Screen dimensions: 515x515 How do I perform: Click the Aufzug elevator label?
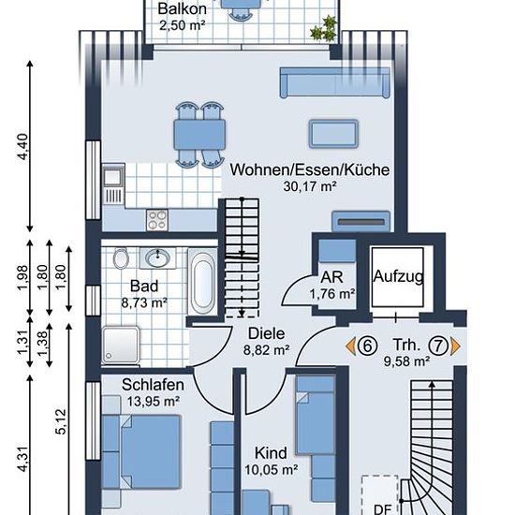pyautogui.click(x=398, y=276)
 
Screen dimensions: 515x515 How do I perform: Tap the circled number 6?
pyautogui.click(x=367, y=346)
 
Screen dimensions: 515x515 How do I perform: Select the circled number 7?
pyautogui.click(x=439, y=346)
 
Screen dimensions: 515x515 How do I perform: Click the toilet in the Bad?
pyautogui.click(x=121, y=258)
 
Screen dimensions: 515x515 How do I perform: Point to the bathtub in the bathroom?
pyautogui.click(x=202, y=282)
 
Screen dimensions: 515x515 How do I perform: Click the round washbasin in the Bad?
pyautogui.click(x=157, y=257)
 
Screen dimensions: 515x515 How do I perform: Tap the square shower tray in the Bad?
pyautogui.click(x=121, y=345)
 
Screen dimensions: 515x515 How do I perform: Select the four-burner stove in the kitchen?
pyautogui.click(x=157, y=220)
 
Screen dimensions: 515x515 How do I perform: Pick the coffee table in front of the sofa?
pyautogui.click(x=333, y=134)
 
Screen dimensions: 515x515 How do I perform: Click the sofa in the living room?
pyautogui.click(x=335, y=82)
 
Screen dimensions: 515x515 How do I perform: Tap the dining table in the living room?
pyautogui.click(x=199, y=135)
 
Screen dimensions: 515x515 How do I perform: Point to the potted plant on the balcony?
pyautogui.click(x=324, y=29)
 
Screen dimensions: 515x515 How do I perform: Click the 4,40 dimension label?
pyautogui.click(x=23, y=146)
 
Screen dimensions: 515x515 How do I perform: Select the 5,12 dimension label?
pyautogui.click(x=61, y=421)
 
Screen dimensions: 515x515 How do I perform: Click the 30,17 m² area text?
pyautogui.click(x=310, y=186)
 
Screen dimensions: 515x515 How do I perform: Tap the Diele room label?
pyautogui.click(x=266, y=333)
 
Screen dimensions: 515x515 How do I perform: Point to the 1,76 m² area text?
pyautogui.click(x=332, y=294)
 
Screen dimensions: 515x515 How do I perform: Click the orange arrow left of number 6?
pyautogui.click(x=351, y=346)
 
